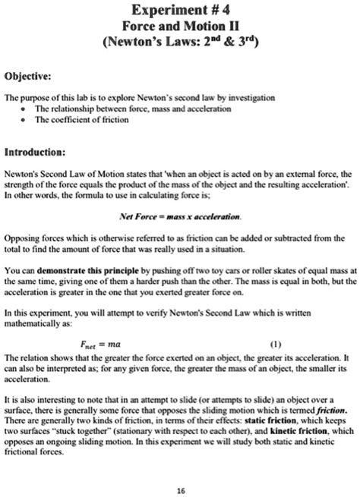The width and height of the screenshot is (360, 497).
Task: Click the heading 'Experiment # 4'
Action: coord(179,11)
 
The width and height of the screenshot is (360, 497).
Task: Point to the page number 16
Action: coord(179,488)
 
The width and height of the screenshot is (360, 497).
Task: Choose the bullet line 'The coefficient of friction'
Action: coord(79,119)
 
